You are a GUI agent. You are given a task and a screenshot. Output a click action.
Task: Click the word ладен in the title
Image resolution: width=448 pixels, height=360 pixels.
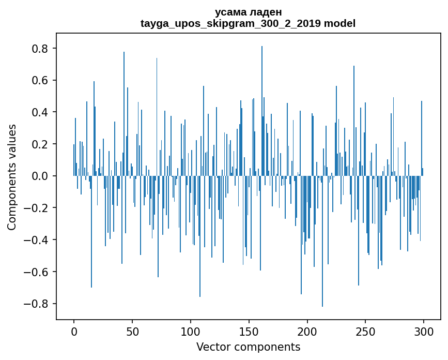(266, 12)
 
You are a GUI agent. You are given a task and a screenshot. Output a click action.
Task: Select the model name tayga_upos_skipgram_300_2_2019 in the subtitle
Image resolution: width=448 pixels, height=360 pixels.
(230, 23)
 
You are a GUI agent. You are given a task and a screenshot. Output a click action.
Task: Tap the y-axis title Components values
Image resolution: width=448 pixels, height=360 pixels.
(12, 177)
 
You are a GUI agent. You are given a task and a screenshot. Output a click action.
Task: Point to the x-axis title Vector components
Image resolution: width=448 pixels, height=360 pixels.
(248, 347)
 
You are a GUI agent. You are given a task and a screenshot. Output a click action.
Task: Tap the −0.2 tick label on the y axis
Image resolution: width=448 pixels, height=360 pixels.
(39, 208)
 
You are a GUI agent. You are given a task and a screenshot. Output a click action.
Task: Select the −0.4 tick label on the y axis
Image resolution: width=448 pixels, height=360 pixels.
(39, 240)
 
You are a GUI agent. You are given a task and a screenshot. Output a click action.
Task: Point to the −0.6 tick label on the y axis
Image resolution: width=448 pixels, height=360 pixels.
(39, 272)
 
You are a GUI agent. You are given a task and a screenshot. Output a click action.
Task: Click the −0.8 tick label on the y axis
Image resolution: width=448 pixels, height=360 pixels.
(39, 304)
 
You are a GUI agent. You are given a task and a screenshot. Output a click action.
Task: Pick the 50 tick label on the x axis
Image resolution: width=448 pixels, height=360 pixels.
(132, 331)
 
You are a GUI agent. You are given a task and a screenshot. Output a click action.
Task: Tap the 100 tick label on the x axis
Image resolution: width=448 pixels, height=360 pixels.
(191, 331)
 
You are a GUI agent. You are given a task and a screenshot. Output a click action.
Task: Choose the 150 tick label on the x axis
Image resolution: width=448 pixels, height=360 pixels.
(249, 331)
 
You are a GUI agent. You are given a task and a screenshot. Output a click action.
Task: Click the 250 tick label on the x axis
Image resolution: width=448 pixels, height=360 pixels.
(365, 331)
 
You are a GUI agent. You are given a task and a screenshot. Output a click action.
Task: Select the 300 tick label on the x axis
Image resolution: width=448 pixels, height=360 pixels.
(424, 331)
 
